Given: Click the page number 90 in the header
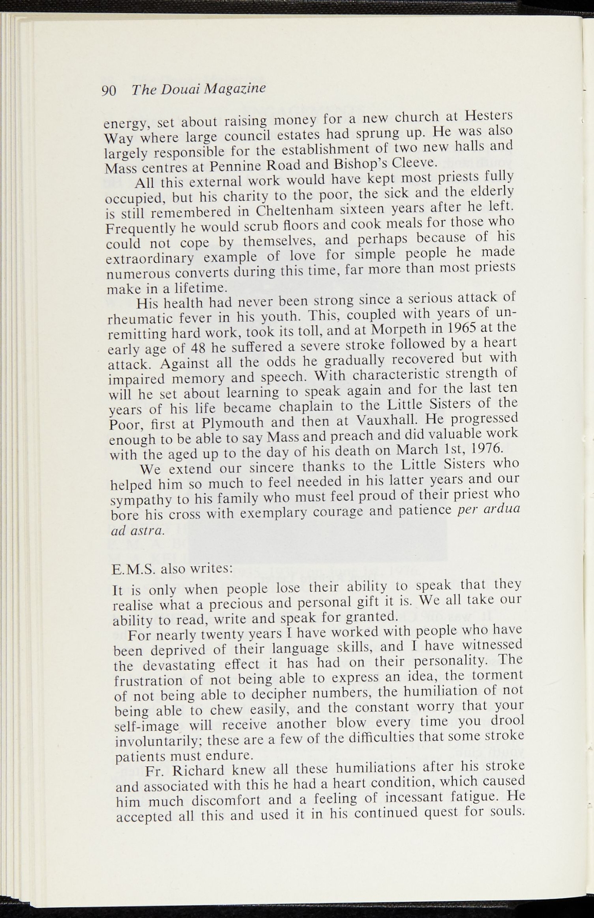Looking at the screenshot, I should click(109, 91).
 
